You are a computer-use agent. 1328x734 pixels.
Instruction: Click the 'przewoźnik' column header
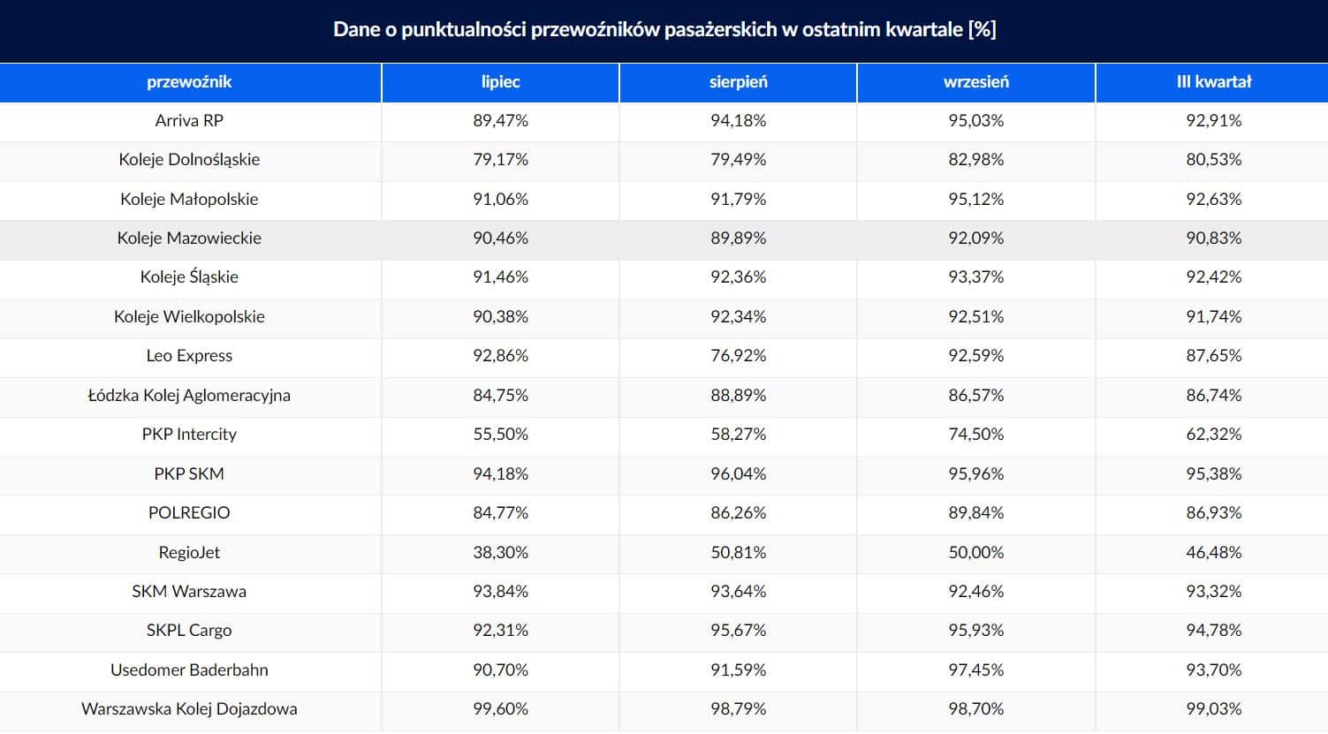click(189, 82)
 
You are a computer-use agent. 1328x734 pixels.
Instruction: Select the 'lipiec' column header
click(500, 82)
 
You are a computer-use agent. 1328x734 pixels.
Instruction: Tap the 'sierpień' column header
click(738, 82)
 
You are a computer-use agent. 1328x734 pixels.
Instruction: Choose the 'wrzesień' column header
click(975, 82)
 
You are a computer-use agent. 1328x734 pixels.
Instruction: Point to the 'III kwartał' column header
click(1213, 82)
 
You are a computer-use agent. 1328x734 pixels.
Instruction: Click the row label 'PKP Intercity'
click(189, 435)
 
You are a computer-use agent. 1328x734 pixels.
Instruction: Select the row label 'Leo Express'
click(189, 356)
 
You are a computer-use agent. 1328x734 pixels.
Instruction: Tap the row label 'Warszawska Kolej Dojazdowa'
click(189, 709)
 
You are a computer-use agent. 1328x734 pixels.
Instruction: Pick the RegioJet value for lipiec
click(500, 553)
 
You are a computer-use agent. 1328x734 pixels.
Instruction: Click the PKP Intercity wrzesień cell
click(975, 435)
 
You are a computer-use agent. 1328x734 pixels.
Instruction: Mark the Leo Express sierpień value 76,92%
click(738, 356)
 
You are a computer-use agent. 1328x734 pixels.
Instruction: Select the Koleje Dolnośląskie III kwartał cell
click(1213, 160)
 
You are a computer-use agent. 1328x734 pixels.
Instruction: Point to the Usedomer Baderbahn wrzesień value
click(975, 670)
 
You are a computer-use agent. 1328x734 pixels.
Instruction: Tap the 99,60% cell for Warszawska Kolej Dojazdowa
click(500, 709)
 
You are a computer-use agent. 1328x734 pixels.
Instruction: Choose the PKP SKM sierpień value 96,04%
click(738, 474)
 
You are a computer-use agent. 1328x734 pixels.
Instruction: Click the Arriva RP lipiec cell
click(500, 121)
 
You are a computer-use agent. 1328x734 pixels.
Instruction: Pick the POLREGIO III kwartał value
click(1213, 513)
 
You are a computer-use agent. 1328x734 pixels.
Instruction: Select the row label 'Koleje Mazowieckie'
click(189, 238)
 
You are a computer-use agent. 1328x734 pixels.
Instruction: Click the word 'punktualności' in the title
click(462, 30)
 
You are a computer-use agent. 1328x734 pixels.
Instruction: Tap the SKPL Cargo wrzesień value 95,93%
click(975, 631)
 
